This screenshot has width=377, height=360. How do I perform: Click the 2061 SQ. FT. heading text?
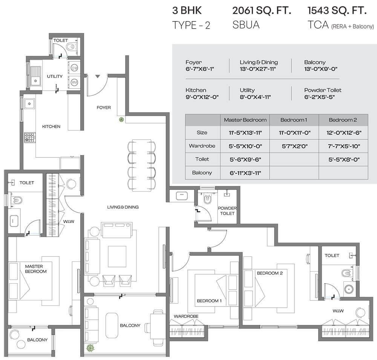click(x=262, y=11)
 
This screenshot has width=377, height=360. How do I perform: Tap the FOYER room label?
click(x=104, y=108)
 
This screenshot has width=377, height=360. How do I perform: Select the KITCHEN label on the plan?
click(x=51, y=127)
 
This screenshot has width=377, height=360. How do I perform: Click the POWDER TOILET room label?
click(x=227, y=211)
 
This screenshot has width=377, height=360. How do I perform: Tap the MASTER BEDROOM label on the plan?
click(x=36, y=269)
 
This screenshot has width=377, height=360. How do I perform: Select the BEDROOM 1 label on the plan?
click(x=209, y=301)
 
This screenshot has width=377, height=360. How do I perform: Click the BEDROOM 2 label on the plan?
click(x=270, y=273)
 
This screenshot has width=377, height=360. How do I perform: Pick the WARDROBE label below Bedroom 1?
click(x=186, y=316)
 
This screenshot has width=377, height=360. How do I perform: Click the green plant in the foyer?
click(x=121, y=120)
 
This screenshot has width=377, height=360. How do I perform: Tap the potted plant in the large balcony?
click(x=90, y=348)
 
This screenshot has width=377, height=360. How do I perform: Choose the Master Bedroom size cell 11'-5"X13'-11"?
click(x=245, y=133)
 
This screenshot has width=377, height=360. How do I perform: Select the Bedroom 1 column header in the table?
click(x=294, y=120)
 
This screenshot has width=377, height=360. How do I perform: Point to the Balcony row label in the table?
click(x=202, y=173)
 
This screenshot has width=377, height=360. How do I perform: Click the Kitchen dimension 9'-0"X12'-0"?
click(x=202, y=97)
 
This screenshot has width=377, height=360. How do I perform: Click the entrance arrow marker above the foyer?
click(x=98, y=76)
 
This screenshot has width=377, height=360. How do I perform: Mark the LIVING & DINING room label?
click(x=123, y=207)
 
